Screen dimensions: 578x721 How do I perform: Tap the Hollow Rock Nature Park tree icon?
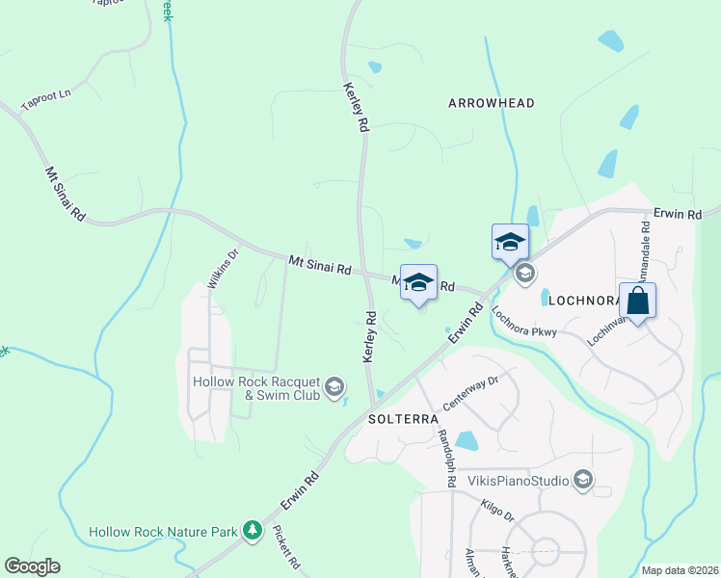tap(253, 530)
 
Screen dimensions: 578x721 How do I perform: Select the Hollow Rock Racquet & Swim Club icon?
tap(334, 387)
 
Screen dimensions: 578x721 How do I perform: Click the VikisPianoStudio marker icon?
tap(582, 479)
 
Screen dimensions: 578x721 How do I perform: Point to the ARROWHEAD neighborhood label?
tap(492, 103)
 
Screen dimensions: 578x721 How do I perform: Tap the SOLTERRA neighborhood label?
tap(404, 420)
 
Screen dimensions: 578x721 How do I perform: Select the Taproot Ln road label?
tap(46, 98)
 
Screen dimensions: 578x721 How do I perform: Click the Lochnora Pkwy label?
tap(524, 322)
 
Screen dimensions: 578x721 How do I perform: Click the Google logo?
tap(32, 566)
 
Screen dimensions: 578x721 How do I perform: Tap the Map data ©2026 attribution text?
tap(680, 570)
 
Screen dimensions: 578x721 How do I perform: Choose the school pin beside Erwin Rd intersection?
tap(510, 241)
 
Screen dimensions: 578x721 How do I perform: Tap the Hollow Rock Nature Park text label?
tap(164, 532)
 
